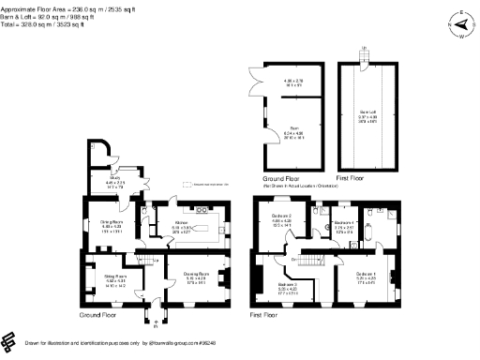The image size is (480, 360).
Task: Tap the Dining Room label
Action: pos(112,222)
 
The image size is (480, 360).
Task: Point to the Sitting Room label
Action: pos(101,277)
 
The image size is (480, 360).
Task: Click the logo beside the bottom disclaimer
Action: pos(8,340)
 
